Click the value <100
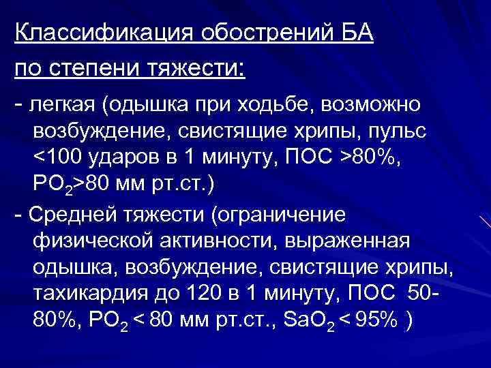click(58, 158)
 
